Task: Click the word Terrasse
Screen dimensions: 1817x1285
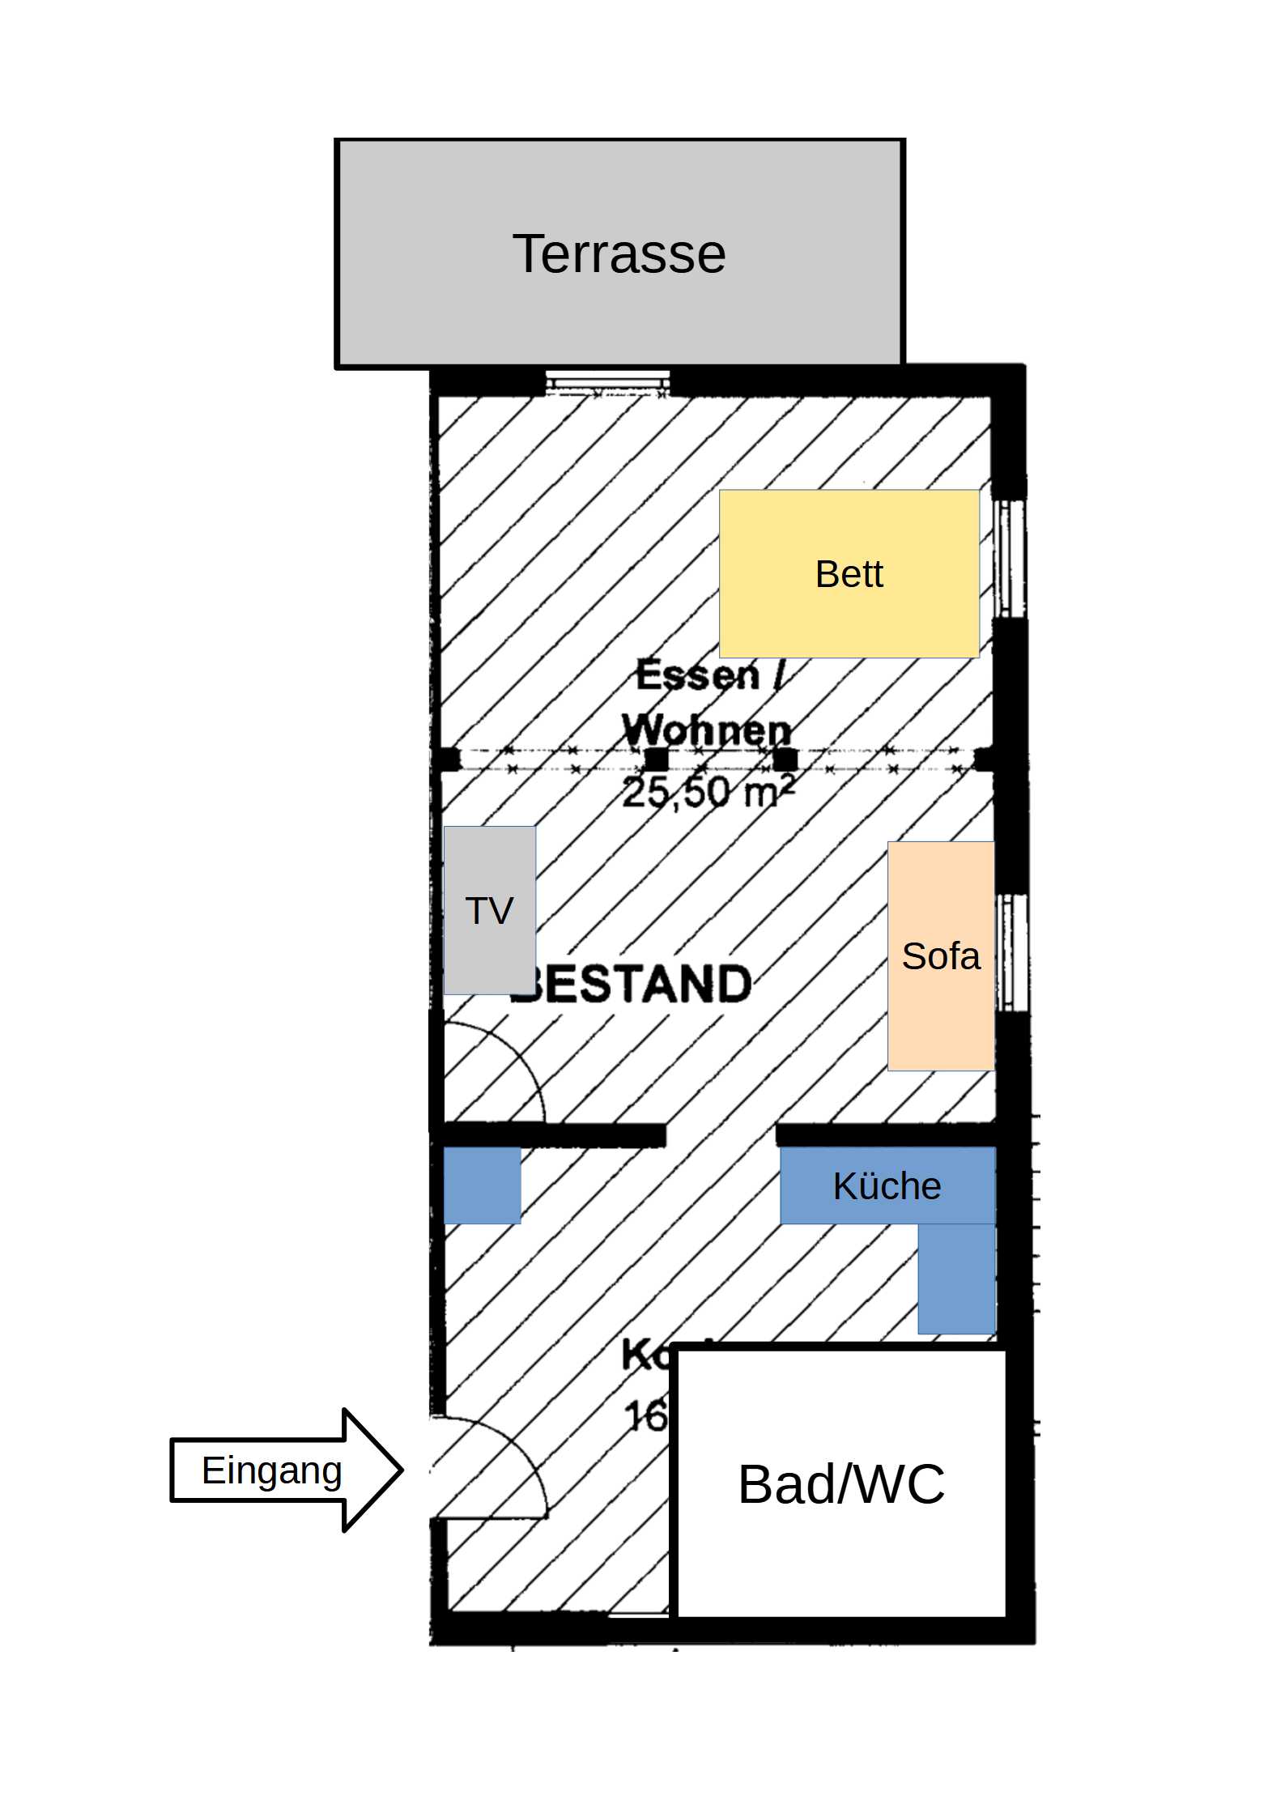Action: point(619,253)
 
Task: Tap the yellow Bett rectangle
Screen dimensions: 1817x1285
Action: point(849,573)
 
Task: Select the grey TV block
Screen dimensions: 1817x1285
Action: point(489,909)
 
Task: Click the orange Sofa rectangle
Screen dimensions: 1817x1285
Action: point(940,955)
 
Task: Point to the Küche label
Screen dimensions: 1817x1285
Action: point(887,1186)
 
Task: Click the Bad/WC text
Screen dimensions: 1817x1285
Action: point(841,1484)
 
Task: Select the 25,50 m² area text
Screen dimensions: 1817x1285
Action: point(706,792)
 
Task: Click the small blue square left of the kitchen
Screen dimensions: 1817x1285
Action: point(482,1185)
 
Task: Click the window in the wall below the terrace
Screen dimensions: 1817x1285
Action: point(607,383)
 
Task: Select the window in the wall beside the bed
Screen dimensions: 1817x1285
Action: point(1008,559)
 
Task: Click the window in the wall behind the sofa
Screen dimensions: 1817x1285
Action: point(1011,952)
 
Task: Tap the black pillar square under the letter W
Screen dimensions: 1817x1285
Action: point(656,760)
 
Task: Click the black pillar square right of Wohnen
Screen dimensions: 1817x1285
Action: point(785,760)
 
